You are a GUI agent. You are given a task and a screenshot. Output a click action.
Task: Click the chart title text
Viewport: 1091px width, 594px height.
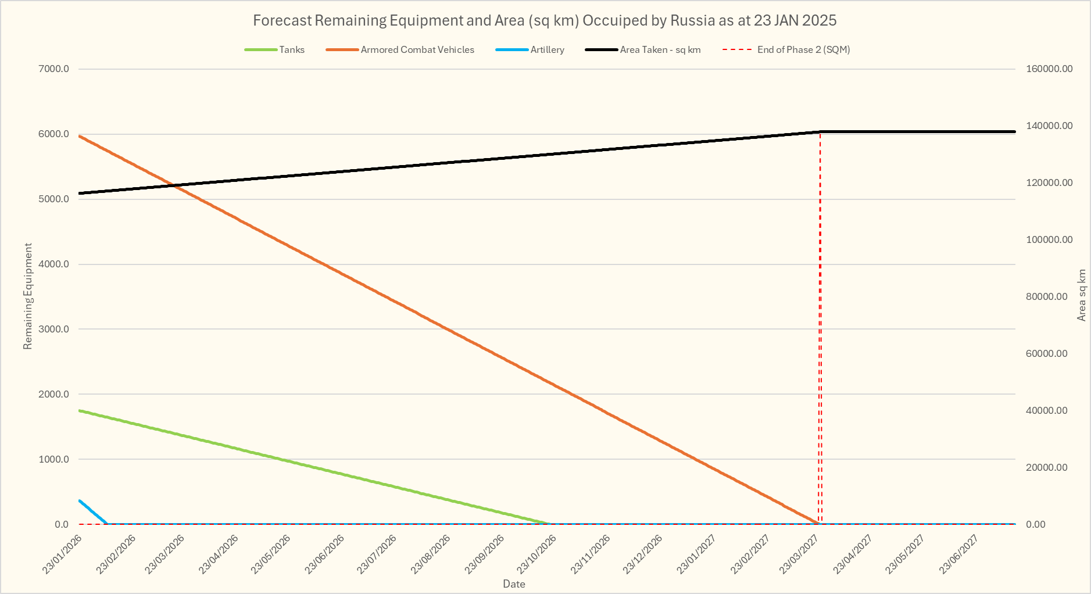pyautogui.click(x=545, y=21)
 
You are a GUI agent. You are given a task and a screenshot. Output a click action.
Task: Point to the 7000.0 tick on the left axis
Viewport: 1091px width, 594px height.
pyautogui.click(x=53, y=69)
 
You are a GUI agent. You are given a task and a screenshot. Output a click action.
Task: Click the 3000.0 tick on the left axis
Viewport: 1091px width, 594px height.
pyautogui.click(x=53, y=330)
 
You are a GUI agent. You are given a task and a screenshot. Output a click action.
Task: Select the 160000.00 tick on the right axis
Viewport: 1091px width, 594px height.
pyautogui.click(x=1049, y=69)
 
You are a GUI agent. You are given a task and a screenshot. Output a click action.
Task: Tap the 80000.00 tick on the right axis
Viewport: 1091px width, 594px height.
pyautogui.click(x=1047, y=297)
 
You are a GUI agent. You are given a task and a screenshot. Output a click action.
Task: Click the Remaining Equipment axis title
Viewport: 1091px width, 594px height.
pyautogui.click(x=27, y=296)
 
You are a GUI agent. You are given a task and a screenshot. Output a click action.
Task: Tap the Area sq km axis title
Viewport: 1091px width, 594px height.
pyautogui.click(x=1081, y=295)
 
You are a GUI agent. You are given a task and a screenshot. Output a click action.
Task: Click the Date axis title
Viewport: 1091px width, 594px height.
pyautogui.click(x=514, y=584)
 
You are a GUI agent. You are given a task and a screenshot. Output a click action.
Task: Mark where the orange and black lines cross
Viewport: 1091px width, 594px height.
pyautogui.click(x=173, y=185)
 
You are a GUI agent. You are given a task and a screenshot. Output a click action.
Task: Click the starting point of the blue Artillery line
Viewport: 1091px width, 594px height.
pyautogui.click(x=80, y=500)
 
